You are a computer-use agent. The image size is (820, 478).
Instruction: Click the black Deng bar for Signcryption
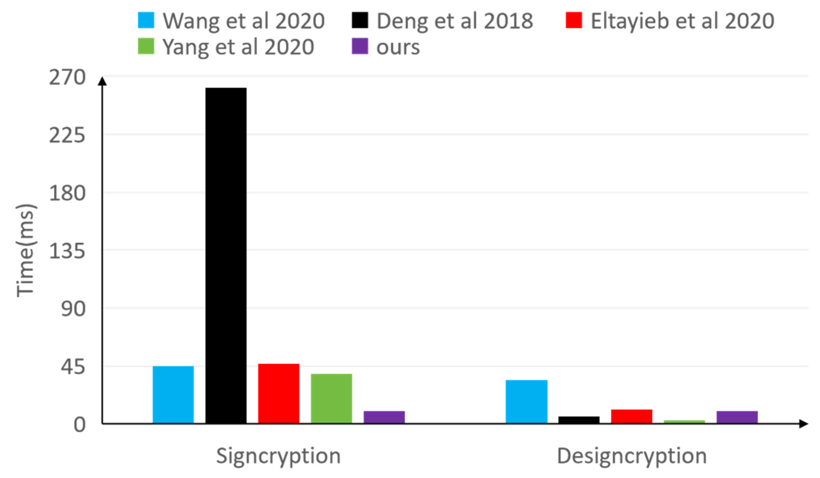226,255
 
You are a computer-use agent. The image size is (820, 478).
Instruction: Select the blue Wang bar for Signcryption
173,395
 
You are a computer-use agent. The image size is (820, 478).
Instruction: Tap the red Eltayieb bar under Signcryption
278,393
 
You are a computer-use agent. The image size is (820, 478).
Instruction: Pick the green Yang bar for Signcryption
331,399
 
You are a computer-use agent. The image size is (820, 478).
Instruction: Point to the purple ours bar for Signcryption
384,417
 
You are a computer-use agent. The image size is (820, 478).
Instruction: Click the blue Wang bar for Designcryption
526,402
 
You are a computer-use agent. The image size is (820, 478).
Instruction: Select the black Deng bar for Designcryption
579,420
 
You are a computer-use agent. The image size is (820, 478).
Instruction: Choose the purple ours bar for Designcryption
737,417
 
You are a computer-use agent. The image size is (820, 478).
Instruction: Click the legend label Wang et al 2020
243,21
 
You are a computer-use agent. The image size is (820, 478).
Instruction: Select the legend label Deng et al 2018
455,21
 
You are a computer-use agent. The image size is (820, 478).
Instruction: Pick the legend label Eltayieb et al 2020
682,21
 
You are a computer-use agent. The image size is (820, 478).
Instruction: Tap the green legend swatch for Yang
146,46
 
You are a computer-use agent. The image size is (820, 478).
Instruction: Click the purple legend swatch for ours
360,46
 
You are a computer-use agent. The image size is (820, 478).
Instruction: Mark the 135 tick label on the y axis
67,251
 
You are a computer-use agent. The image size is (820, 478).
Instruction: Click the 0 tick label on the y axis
79,425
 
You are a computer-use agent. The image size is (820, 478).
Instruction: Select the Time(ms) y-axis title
25,250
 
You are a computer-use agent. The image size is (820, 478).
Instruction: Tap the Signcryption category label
278,456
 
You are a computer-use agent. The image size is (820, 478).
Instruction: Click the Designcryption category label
632,456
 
